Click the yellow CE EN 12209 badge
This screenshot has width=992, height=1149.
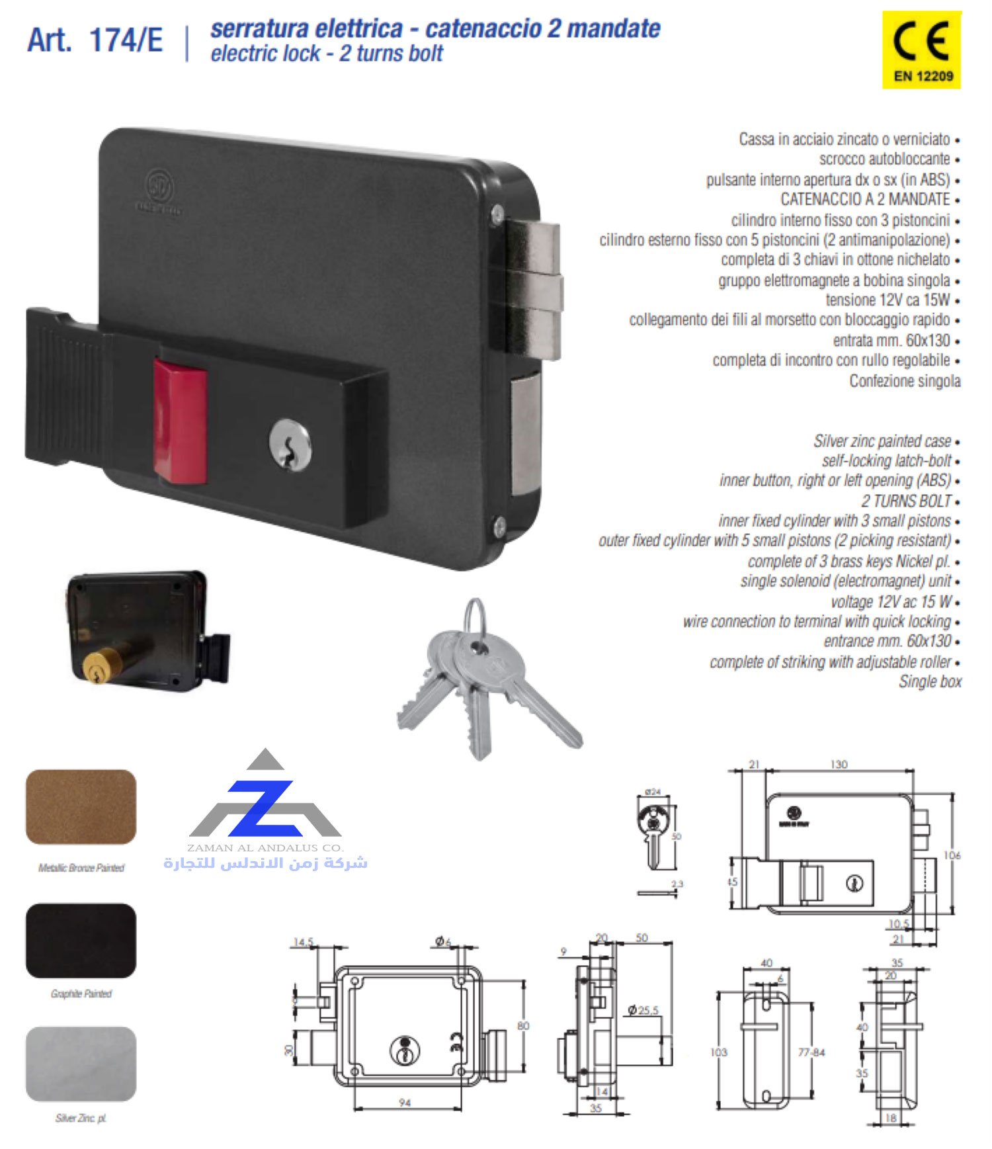(921, 50)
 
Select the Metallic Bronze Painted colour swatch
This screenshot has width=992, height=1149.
(81, 806)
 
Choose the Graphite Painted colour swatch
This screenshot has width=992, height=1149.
(81, 940)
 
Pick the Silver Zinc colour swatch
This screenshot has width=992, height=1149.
(81, 1063)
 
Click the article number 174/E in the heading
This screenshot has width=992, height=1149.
(126, 40)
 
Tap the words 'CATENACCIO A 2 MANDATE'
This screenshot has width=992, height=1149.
(865, 199)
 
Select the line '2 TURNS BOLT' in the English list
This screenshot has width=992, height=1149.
(906, 501)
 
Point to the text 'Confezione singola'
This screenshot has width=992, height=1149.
(905, 381)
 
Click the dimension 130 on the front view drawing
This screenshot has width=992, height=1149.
(839, 764)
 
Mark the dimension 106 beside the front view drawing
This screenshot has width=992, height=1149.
(952, 855)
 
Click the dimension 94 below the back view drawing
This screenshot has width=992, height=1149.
(405, 1103)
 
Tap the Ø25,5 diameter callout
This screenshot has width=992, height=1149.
(643, 1010)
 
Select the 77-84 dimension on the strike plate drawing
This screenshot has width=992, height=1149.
(811, 1052)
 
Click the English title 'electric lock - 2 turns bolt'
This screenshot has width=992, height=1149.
(327, 53)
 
